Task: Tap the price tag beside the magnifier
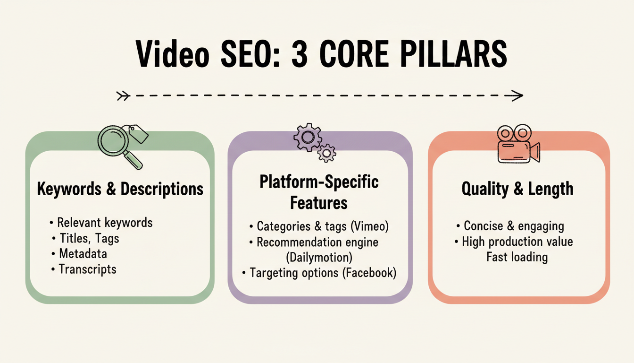tap(137, 134)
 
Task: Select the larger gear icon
tap(307, 137)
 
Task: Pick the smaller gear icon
tap(326, 153)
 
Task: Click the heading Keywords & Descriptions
tap(120, 189)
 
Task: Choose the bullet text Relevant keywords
tap(105, 222)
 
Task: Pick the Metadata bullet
tap(83, 254)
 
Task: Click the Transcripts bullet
tap(87, 269)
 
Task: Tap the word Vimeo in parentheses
tap(369, 226)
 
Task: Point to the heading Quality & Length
tap(517, 189)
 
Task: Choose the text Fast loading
tap(517, 257)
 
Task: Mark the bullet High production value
tap(517, 242)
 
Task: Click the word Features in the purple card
tap(319, 203)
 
